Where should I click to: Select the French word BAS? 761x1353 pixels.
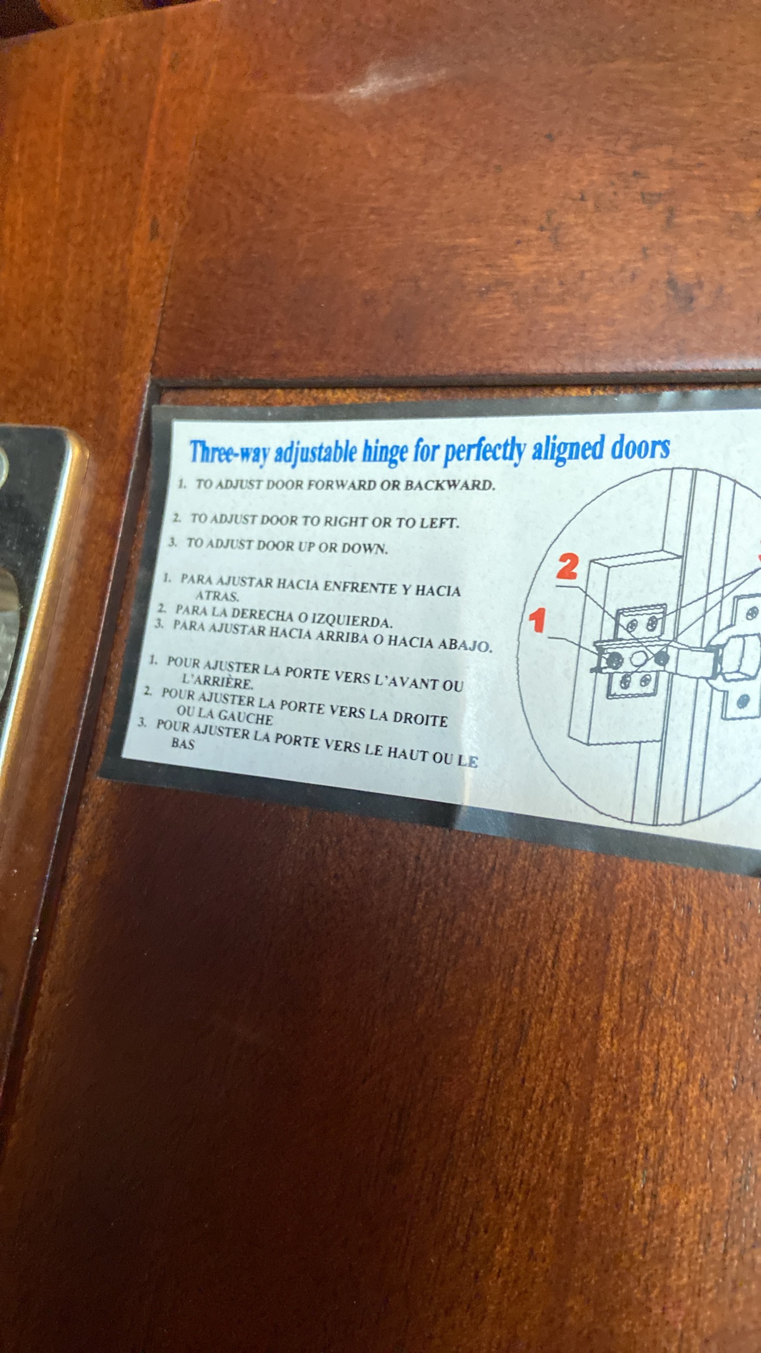pyautogui.click(x=183, y=743)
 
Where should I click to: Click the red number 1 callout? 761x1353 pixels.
pyautogui.click(x=538, y=621)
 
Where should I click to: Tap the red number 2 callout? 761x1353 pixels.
pyautogui.click(x=567, y=567)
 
